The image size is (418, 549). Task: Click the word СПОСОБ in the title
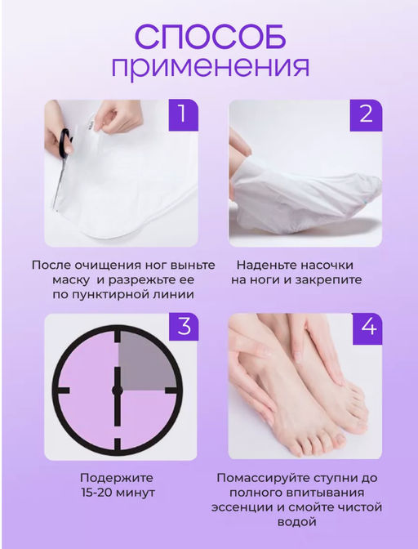(210, 36)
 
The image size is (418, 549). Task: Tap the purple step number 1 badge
(183, 114)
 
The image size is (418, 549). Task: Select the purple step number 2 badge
(366, 114)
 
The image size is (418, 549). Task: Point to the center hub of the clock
(118, 391)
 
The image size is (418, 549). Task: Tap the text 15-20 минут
(118, 493)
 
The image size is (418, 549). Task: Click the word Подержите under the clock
(118, 478)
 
